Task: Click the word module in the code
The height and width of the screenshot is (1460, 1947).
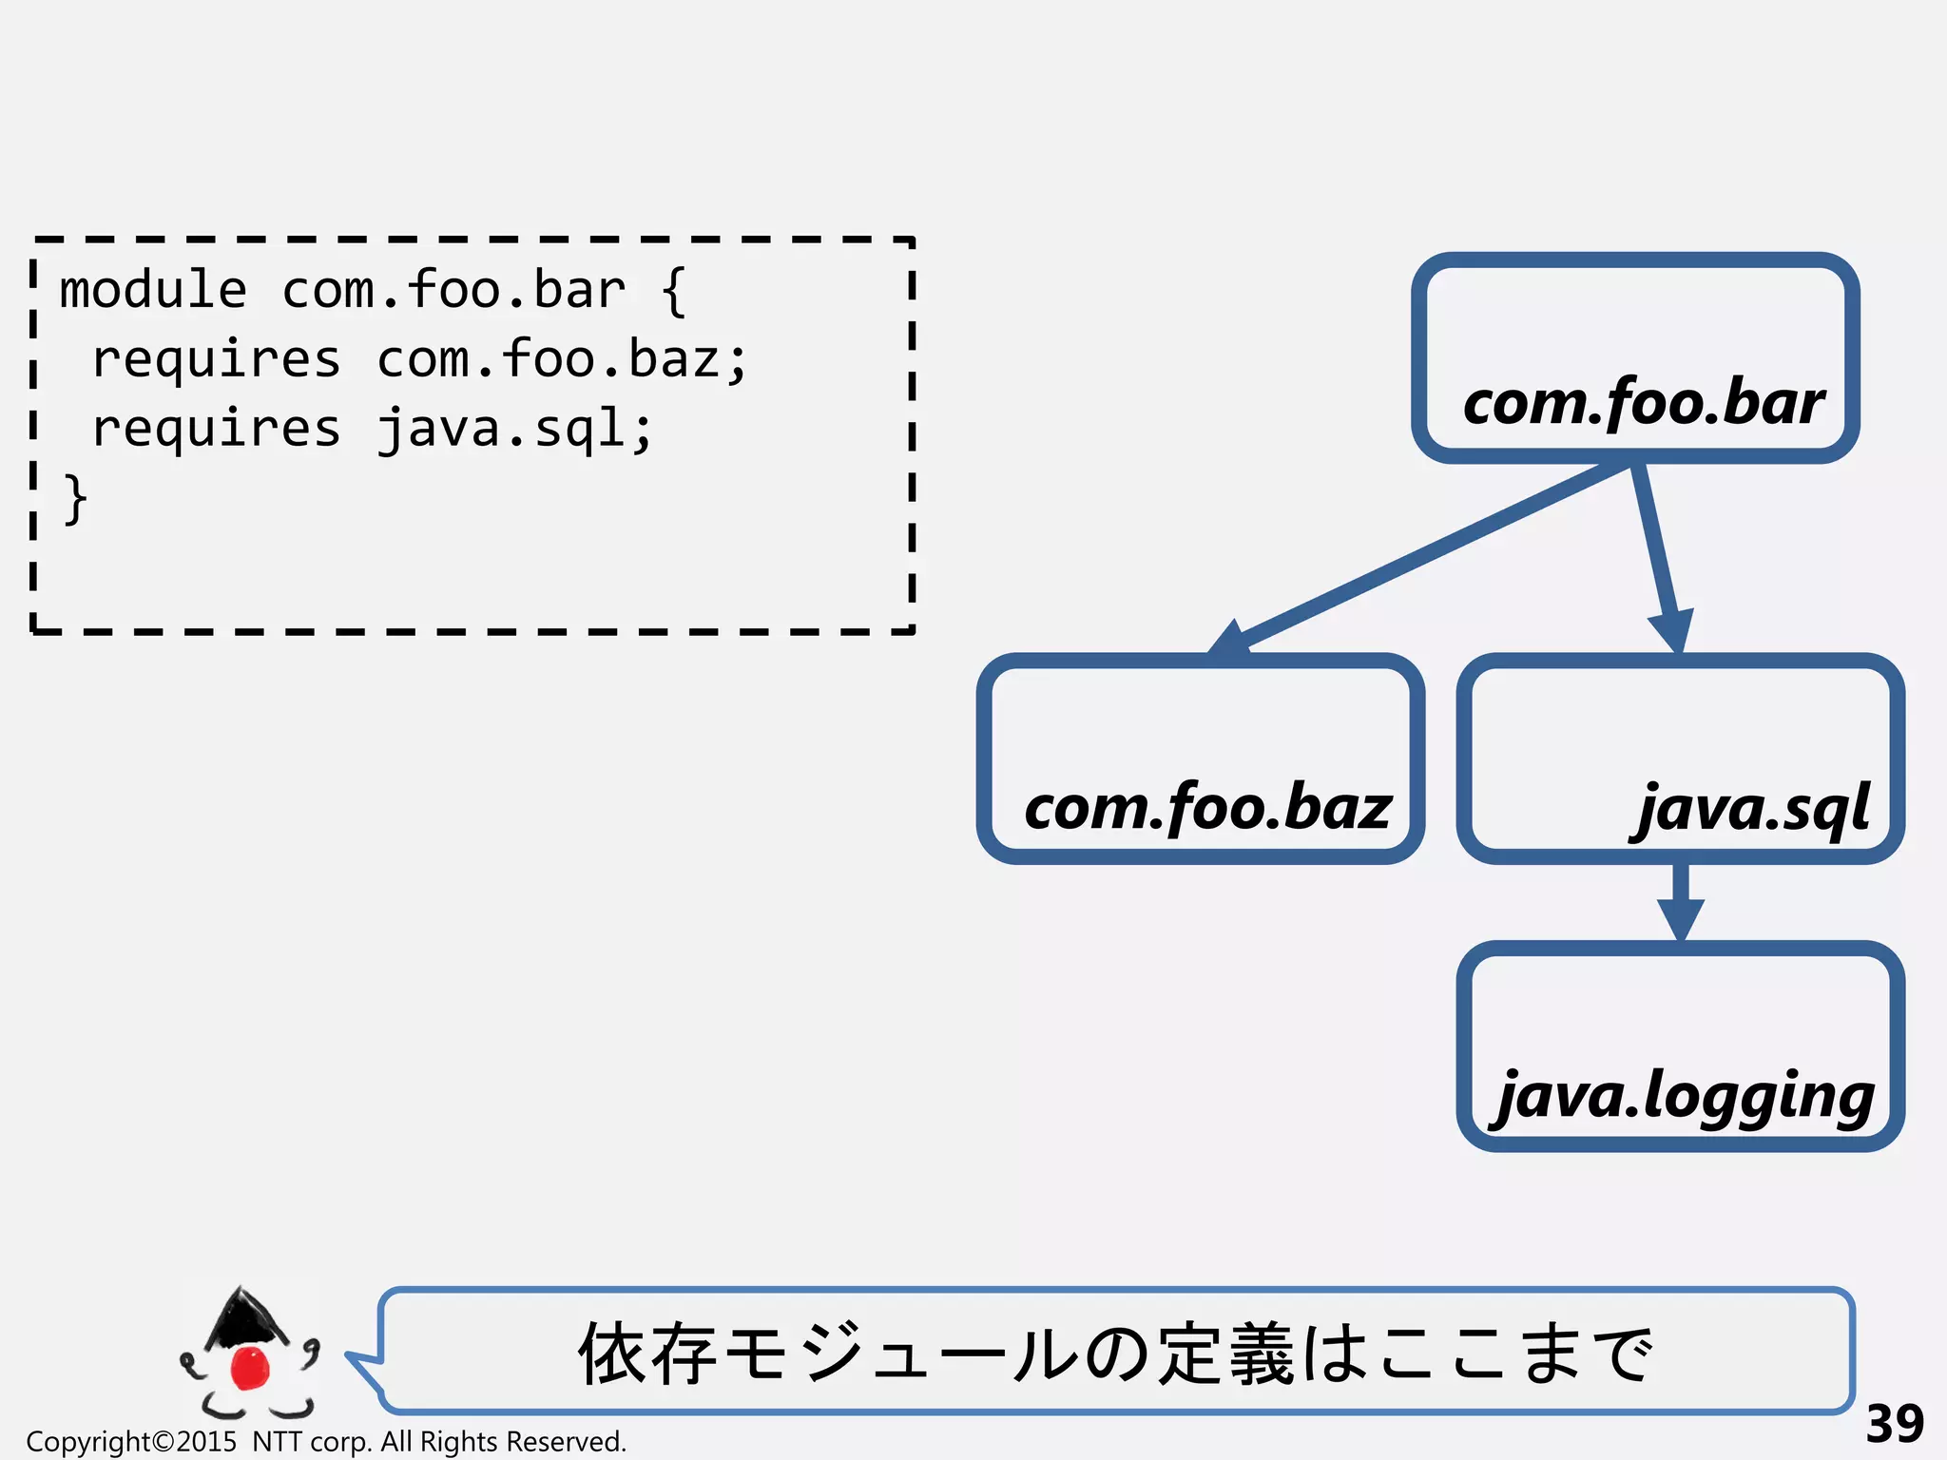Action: click(153, 290)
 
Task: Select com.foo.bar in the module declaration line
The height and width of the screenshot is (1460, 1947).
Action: click(453, 290)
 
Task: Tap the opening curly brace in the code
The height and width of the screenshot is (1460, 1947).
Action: click(672, 290)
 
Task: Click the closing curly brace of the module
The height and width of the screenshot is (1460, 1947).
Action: click(75, 498)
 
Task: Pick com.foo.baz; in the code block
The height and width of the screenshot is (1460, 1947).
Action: click(563, 359)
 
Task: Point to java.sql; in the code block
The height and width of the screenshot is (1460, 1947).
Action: click(514, 429)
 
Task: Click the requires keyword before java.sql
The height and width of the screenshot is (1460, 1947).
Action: click(216, 429)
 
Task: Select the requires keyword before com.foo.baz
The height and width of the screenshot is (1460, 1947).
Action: click(216, 359)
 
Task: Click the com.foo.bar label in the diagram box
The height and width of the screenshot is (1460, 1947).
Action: click(1643, 403)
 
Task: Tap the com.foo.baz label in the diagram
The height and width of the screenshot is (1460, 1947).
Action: click(1207, 808)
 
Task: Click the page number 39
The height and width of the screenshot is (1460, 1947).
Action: click(1894, 1424)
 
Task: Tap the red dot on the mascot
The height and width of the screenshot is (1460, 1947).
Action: click(251, 1367)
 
